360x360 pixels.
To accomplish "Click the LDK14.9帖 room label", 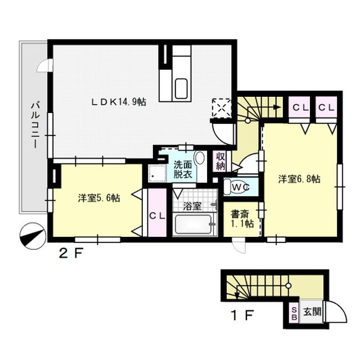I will point(120,102).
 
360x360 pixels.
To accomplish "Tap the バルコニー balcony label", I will point(34,125).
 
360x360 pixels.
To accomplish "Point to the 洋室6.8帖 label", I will point(299,179).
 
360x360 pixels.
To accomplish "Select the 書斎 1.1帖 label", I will point(242,219).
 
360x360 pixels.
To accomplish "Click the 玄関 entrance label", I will point(312,312).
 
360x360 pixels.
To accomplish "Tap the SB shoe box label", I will point(294,312).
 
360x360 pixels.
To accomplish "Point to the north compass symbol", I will point(31,235).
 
